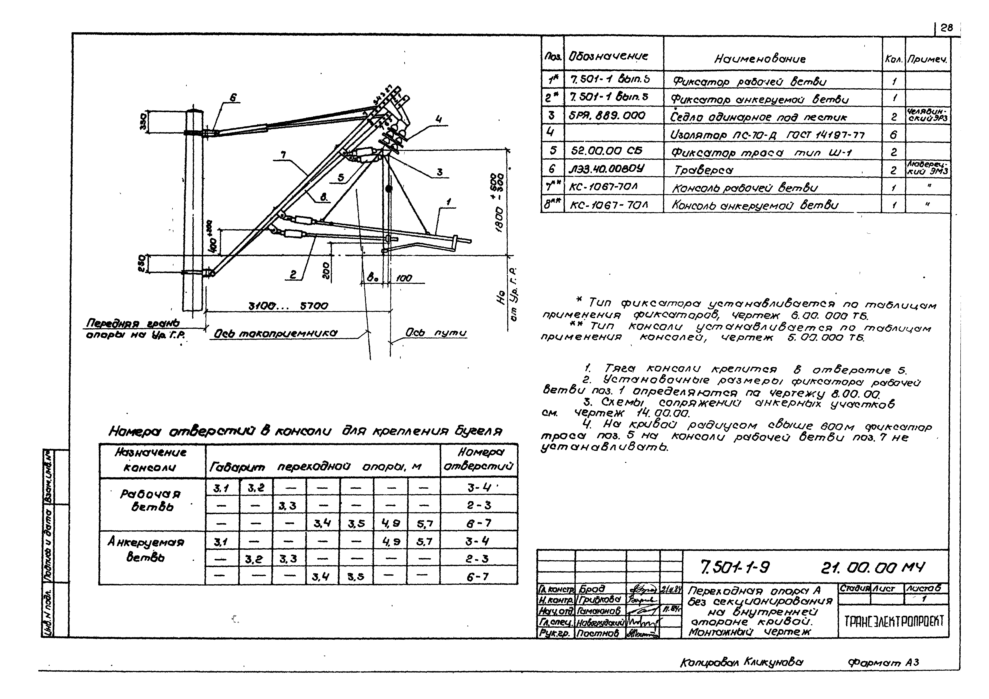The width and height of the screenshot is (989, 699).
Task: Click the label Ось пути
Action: pyautogui.click(x=436, y=333)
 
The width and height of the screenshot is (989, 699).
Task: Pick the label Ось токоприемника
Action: pyautogui.click(x=276, y=333)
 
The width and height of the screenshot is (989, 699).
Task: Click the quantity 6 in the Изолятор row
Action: pyautogui.click(x=893, y=135)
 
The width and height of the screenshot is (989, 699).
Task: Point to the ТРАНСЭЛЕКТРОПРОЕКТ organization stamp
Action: pyautogui.click(x=894, y=621)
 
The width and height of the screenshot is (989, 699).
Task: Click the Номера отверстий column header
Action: pyautogui.click(x=479, y=459)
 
